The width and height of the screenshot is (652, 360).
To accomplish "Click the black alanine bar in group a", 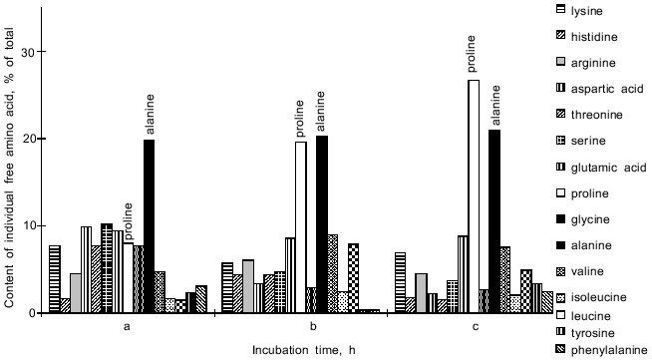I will coord(149,226).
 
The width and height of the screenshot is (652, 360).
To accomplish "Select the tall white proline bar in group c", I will coord(474,196).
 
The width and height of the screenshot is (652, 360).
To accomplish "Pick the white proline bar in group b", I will coord(300,227).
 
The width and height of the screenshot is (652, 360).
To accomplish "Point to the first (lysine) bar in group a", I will coord(55,279).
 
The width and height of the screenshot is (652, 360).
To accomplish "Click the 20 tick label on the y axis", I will coord(29,139).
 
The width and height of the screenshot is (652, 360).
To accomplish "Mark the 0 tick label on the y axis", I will coord(33,313).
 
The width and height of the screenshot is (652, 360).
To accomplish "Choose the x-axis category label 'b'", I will coord(313,326).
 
